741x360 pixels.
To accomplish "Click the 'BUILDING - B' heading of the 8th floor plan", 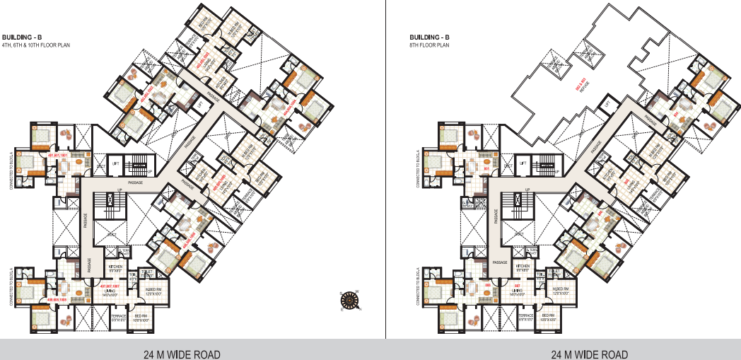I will (x=429, y=37).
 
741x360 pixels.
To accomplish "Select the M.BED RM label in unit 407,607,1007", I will (x=154, y=289).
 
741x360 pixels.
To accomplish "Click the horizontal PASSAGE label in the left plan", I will (x=136, y=182).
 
